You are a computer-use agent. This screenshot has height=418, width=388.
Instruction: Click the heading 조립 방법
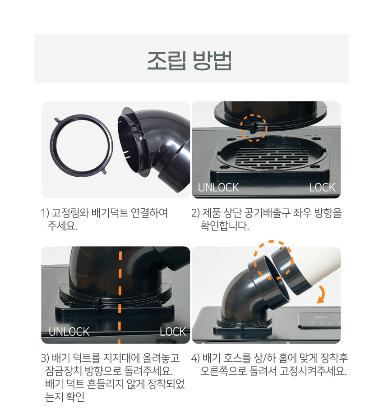pyautogui.click(x=189, y=61)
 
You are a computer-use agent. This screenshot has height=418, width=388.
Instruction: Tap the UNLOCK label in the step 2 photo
pyautogui.click(x=218, y=188)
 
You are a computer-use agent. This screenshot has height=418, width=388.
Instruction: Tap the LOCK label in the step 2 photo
pyautogui.click(x=322, y=188)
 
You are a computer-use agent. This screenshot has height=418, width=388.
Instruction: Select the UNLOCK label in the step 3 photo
pyautogui.click(x=69, y=332)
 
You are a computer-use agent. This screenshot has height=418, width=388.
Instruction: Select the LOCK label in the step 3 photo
pyautogui.click(x=173, y=332)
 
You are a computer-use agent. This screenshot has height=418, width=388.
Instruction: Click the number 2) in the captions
pyautogui.click(x=195, y=213)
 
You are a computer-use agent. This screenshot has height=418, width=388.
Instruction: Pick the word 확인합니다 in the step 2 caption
pyautogui.click(x=225, y=226)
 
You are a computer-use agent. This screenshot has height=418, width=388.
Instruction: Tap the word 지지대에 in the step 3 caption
pyautogui.click(x=121, y=358)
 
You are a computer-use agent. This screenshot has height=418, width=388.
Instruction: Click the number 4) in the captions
pyautogui.click(x=195, y=358)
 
